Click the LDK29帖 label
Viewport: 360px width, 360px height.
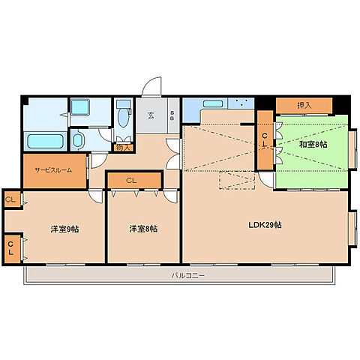(x=265, y=225)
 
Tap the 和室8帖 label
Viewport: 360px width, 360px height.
(x=313, y=145)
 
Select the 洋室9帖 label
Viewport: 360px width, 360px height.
(x=64, y=229)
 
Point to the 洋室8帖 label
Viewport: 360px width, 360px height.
(x=143, y=229)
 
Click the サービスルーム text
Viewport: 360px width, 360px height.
(x=53, y=170)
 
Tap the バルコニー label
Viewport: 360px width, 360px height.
(x=188, y=276)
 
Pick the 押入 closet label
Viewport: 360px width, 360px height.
(x=304, y=106)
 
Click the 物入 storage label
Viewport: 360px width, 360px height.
(x=124, y=148)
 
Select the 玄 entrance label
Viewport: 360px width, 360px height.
(x=151, y=115)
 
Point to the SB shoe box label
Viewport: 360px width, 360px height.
(x=172, y=115)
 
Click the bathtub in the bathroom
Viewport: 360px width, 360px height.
(x=45, y=141)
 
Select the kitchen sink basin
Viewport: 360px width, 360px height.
(x=213, y=103)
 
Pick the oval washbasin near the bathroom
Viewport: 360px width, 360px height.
(x=78, y=140)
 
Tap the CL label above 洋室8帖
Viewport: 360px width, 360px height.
(x=131, y=181)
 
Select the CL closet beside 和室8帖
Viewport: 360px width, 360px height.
(x=265, y=140)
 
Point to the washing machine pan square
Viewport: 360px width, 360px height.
(x=80, y=107)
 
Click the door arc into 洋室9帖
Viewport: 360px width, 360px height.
(x=97, y=196)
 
